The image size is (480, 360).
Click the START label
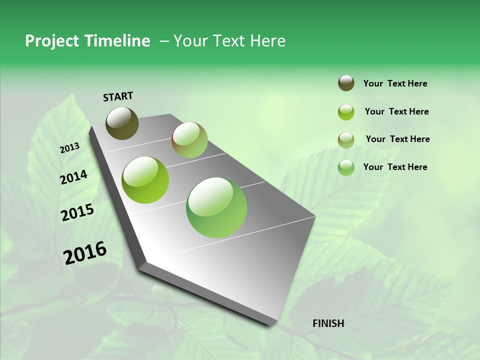(118, 96)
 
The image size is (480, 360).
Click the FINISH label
(328, 323)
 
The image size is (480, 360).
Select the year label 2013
(70, 147)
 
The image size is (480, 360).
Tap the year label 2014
(73, 177)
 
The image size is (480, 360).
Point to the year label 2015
(77, 213)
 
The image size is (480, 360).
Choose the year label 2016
(85, 252)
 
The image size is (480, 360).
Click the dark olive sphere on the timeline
(122, 123)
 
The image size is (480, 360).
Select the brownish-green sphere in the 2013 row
(189, 140)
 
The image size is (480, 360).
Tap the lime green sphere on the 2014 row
(145, 180)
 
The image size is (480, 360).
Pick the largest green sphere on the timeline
(216, 207)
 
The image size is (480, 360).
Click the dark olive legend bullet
(346, 83)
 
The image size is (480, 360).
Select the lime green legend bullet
(346, 112)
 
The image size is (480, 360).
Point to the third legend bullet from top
(346, 140)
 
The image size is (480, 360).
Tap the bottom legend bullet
(346, 167)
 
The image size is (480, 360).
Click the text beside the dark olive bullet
(395, 83)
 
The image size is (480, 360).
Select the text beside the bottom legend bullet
(395, 167)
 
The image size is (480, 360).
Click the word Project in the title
(51, 41)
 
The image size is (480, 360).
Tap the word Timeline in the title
(117, 41)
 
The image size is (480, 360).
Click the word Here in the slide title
(267, 41)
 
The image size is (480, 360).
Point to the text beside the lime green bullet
(396, 111)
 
